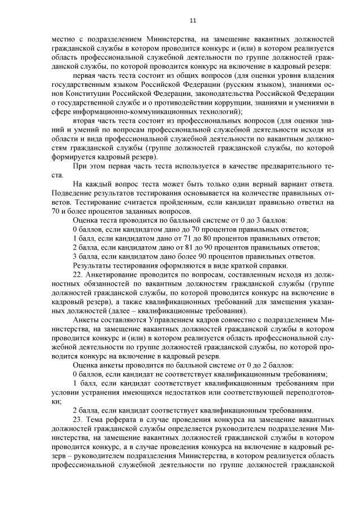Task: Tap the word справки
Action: click(273, 265)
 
